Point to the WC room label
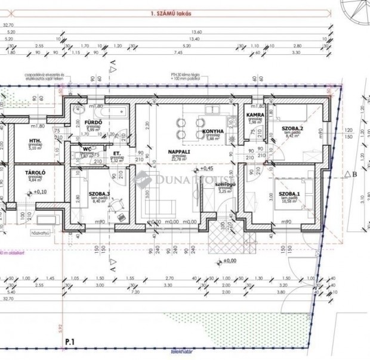point(87,148)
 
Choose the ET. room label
point(117,153)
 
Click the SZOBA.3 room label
point(99,194)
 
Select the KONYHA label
point(212,131)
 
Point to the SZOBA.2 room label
point(293,129)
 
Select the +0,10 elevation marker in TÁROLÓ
point(39,192)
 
